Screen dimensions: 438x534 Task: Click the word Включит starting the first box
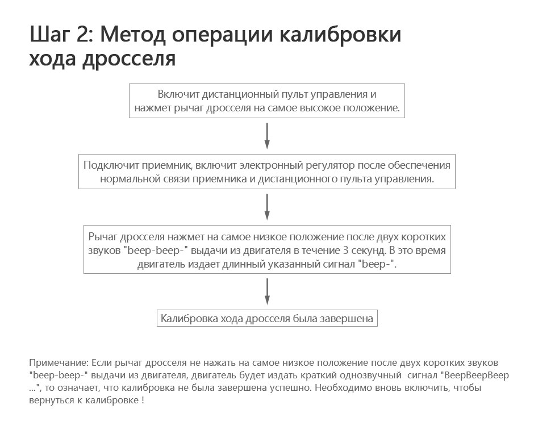pyautogui.click(x=178, y=94)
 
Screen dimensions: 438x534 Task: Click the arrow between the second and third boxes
pyautogui.click(x=267, y=206)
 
